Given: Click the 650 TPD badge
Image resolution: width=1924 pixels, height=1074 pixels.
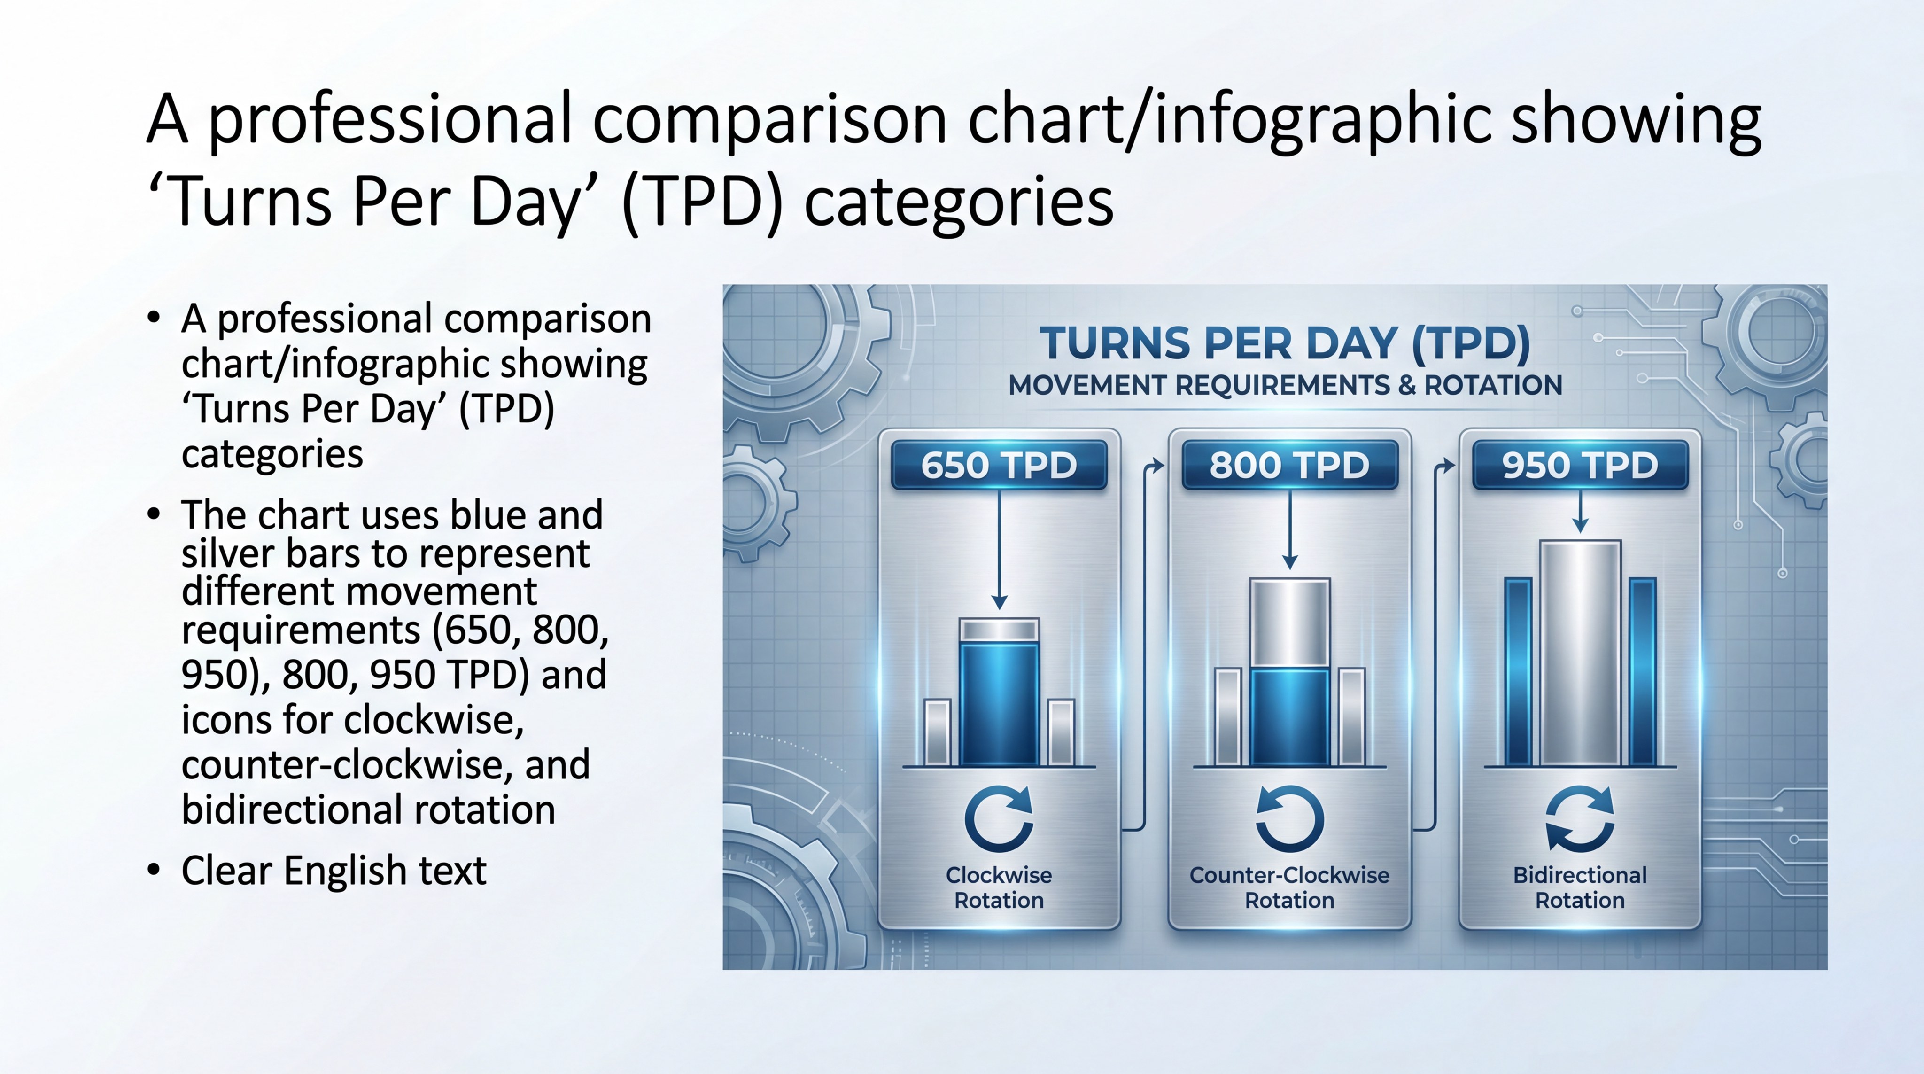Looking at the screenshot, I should point(999,465).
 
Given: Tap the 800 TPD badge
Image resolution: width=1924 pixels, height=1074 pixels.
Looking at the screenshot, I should point(1289,465).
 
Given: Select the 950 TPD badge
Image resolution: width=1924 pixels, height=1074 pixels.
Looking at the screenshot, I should point(1580,465).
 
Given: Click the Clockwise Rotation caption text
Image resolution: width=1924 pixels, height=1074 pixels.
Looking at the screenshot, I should point(999,887).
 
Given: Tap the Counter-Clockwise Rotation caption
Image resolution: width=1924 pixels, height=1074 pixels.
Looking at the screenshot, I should point(1289,887).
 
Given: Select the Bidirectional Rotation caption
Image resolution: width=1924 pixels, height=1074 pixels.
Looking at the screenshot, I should point(1580,887).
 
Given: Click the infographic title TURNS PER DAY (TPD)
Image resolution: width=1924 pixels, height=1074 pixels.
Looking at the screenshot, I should point(1285,343).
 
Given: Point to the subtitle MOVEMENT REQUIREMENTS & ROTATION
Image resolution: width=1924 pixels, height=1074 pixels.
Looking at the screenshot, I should point(1285,385).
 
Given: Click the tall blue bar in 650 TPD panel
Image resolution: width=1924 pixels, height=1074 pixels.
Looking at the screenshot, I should point(999,702).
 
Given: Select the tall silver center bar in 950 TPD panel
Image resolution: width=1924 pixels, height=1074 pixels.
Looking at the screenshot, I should point(1580,654).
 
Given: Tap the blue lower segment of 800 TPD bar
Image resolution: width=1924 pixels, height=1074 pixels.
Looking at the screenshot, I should point(1289,717).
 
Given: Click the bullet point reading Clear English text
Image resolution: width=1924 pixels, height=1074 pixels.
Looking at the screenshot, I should point(334,871).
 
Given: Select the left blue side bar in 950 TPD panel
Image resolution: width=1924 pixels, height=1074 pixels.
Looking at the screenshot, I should point(1518,672).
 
